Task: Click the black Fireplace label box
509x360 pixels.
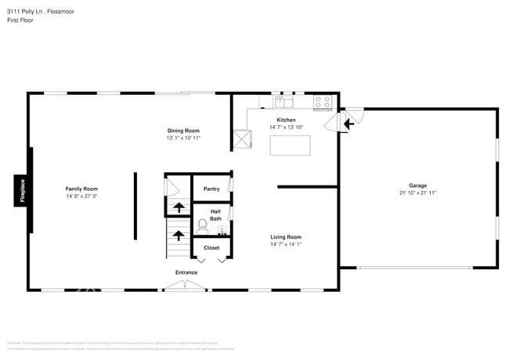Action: click(22, 192)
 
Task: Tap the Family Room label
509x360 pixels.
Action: click(81, 189)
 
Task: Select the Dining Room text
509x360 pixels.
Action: click(183, 130)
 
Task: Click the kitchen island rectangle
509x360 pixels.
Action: click(290, 146)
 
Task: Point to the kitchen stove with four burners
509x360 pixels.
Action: click(323, 102)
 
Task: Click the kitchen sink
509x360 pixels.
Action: click(283, 101)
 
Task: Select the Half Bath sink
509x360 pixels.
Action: click(222, 231)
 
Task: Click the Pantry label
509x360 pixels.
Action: click(211, 189)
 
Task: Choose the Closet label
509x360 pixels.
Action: click(211, 247)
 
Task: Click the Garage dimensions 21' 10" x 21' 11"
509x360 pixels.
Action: click(417, 193)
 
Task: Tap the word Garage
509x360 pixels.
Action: click(417, 185)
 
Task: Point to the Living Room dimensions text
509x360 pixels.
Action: click(286, 244)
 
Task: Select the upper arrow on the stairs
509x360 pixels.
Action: click(178, 207)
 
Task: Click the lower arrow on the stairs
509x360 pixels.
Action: click(178, 234)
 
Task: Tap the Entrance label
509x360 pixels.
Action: click(186, 272)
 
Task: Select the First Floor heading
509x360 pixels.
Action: click(20, 21)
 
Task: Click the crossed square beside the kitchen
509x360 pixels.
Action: click(242, 139)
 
